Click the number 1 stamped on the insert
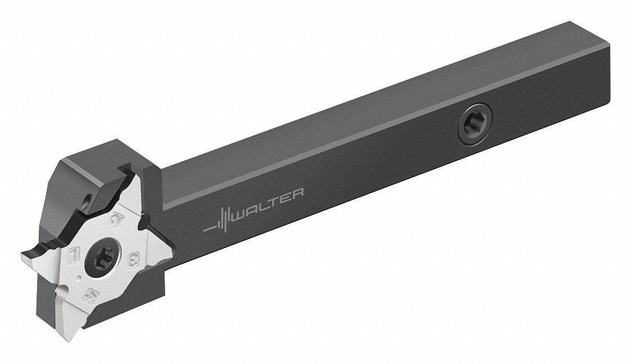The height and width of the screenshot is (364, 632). point(73,256)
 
